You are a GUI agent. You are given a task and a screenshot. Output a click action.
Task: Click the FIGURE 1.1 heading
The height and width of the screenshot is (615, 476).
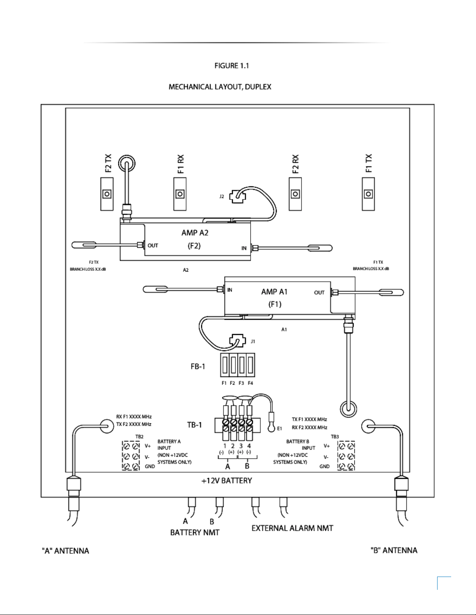pos(232,66)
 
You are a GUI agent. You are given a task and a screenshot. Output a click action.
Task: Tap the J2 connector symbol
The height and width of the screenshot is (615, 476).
pos(237,196)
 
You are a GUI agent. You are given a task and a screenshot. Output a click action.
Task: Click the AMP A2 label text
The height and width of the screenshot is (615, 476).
pos(195,233)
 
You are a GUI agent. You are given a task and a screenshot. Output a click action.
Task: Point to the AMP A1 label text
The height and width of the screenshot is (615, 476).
pos(274,292)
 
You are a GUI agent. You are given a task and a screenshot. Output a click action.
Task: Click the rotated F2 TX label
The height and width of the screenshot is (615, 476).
pos(108,163)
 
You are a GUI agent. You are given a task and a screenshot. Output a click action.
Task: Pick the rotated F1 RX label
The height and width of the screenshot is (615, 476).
pos(181,164)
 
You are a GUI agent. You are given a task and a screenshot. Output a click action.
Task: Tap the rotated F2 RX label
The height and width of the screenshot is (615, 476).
pos(295,164)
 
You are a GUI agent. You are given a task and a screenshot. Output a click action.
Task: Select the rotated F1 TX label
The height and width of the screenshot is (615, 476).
pos(368,163)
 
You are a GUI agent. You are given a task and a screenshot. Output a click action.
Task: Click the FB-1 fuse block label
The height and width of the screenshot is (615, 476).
pos(198,367)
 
